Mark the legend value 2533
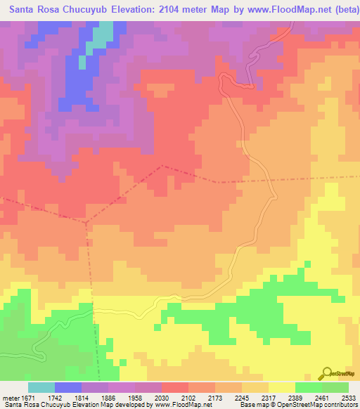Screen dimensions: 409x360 click(348, 398)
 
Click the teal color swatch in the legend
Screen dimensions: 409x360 click(41, 387)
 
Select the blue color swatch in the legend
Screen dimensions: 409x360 click(67, 387)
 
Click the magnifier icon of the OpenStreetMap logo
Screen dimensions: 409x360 click(328, 373)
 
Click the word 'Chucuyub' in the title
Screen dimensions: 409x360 click(92, 11)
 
